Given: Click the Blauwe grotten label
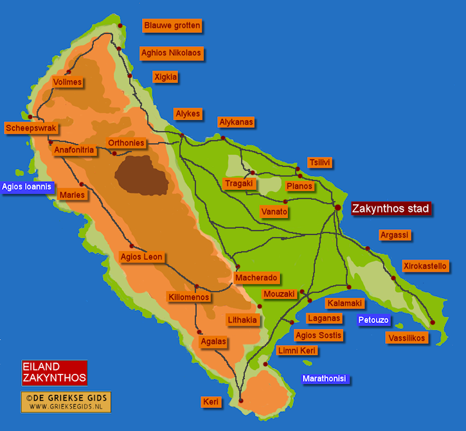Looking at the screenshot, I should (x=172, y=26).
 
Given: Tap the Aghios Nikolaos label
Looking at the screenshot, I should (x=172, y=53).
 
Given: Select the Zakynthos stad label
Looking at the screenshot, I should (x=390, y=208).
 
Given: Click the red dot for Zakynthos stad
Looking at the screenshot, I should (x=337, y=207).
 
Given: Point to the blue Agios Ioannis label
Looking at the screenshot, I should (x=26, y=188).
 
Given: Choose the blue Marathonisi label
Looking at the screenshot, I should (x=325, y=378).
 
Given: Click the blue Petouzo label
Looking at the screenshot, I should (x=375, y=319).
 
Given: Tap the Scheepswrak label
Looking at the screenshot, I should (x=31, y=128).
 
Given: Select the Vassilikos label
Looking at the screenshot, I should (x=407, y=337).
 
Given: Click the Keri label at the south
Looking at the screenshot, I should (x=211, y=402).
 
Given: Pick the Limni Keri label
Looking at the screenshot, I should (x=296, y=351).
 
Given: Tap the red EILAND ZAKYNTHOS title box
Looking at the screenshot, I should (x=54, y=372).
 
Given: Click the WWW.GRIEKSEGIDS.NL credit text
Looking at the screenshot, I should (x=66, y=406).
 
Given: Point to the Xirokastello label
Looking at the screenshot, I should (x=425, y=266).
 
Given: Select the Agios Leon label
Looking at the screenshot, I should (x=141, y=257).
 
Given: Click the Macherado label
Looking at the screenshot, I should (x=256, y=277).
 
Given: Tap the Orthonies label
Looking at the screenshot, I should (x=126, y=143).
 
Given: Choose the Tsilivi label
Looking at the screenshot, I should (x=319, y=163).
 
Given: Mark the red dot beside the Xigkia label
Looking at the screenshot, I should (x=130, y=76).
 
